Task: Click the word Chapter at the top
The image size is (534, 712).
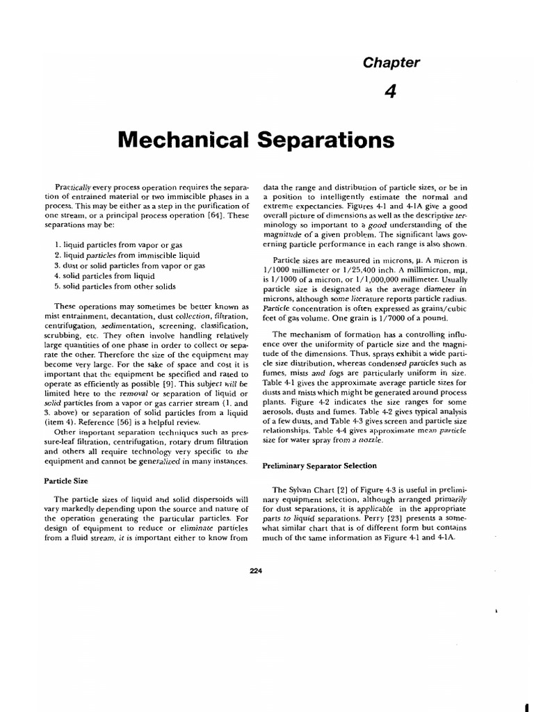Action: click(391, 63)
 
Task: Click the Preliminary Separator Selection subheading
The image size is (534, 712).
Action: click(319, 466)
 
